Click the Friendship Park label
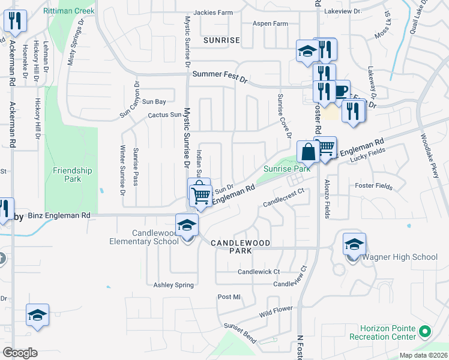[72, 175]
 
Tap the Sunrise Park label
[287, 169]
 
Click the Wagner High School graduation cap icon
[355, 245]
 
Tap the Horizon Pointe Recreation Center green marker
[425, 331]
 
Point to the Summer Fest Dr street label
[220, 75]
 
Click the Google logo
[20, 352]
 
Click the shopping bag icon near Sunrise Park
[307, 152]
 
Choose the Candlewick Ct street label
[259, 272]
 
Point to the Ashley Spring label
[173, 285]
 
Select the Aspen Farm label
[270, 23]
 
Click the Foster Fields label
[374, 187]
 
